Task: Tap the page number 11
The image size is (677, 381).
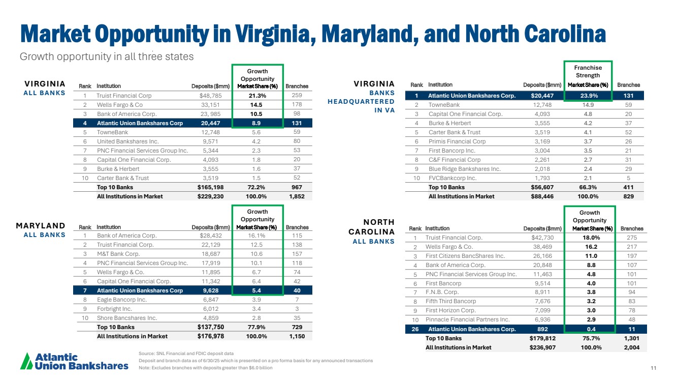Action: pyautogui.click(x=653, y=368)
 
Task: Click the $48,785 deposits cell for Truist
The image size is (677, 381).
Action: pyautogui.click(x=210, y=95)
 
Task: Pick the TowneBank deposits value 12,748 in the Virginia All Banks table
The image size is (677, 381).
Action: pyautogui.click(x=212, y=132)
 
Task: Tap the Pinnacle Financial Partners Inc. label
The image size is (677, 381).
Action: pyautogui.click(x=467, y=319)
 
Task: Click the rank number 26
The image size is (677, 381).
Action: pyautogui.click(x=415, y=329)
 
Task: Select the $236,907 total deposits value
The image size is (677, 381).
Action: pyautogui.click(x=545, y=347)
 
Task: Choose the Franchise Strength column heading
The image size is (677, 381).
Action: pyautogui.click(x=588, y=71)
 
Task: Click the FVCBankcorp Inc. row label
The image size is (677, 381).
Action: pyautogui.click(x=452, y=178)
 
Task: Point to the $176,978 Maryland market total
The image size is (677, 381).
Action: pyautogui.click(x=210, y=336)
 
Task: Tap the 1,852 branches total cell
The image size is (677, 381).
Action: pyautogui.click(x=297, y=196)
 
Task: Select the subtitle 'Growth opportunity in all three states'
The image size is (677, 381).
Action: pyautogui.click(x=107, y=56)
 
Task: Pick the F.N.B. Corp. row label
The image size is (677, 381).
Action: pyautogui.click(x=442, y=292)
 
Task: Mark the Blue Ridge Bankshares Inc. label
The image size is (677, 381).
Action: pyautogui.click(x=465, y=169)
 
